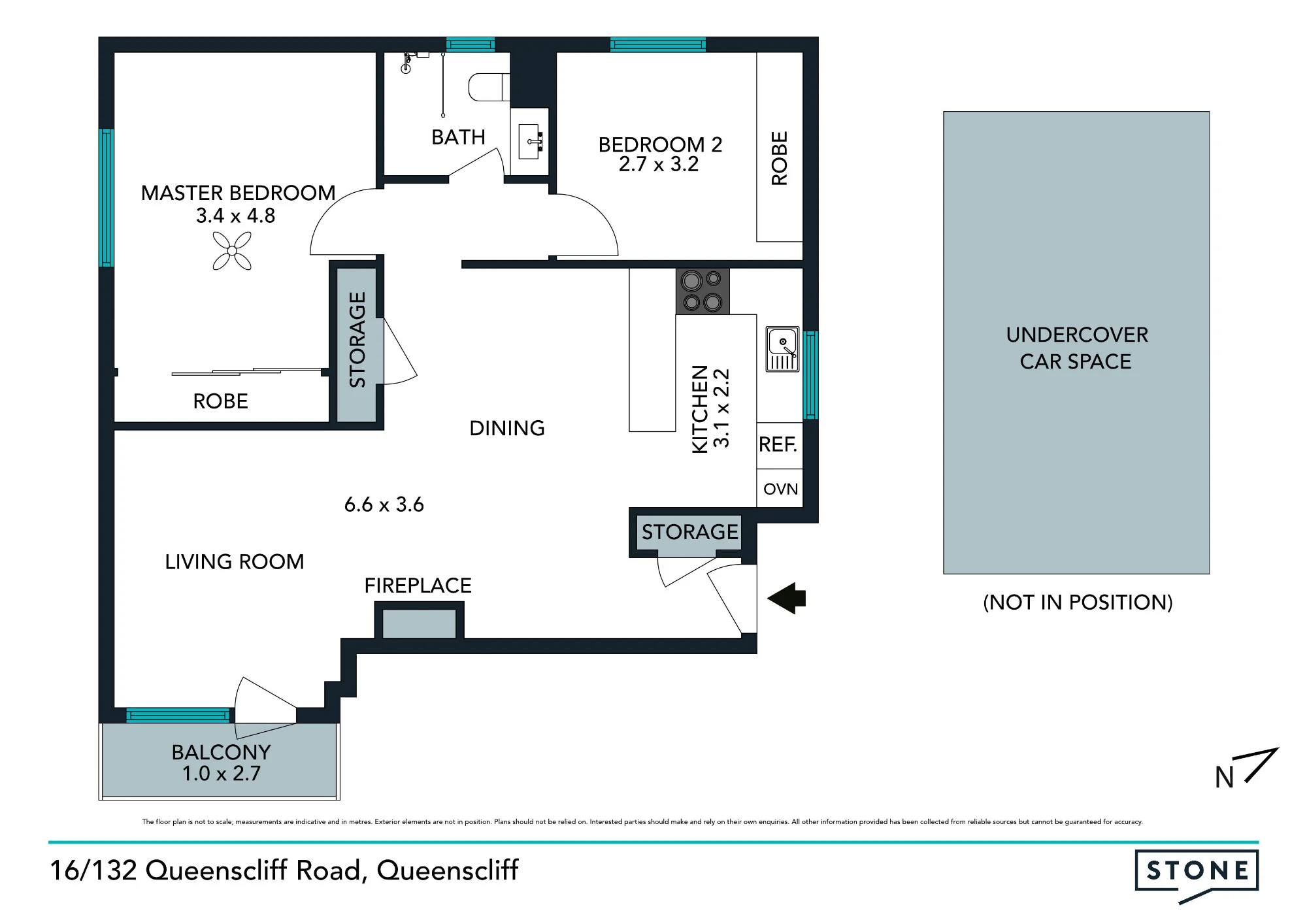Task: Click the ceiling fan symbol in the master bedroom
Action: tap(232, 251)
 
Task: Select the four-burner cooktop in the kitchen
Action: tap(703, 291)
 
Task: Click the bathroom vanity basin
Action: tap(529, 141)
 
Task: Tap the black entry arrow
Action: tap(787, 598)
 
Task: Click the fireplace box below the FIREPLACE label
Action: tap(419, 623)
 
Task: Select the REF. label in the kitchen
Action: tap(778, 445)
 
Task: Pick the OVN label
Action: tap(780, 489)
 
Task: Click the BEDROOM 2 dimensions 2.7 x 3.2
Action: tap(659, 164)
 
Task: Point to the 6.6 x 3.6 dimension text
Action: tap(384, 504)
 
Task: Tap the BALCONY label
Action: tap(221, 752)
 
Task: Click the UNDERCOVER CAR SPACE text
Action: tap(1076, 348)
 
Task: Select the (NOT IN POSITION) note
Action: tap(1078, 602)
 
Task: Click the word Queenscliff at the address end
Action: tap(448, 870)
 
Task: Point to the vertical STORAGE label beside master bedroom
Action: tap(357, 340)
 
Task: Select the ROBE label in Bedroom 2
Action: tap(779, 159)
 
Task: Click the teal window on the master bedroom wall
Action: tap(107, 197)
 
